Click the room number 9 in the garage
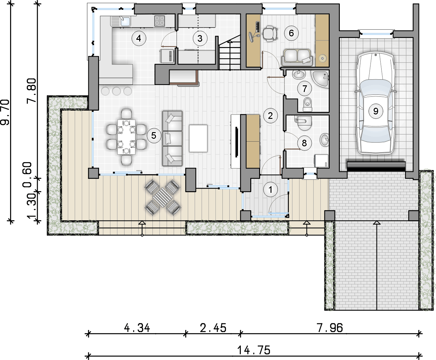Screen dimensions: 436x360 tap(376, 111)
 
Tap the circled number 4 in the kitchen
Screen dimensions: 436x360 tap(139, 38)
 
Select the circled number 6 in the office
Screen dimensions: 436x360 tap(291, 33)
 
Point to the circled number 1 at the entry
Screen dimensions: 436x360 tap(271, 190)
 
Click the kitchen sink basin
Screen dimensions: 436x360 tap(125, 21)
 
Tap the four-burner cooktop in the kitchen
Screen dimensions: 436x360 tap(159, 21)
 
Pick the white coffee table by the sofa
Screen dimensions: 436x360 tap(198, 138)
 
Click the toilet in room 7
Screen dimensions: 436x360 tap(307, 104)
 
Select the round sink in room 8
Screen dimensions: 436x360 tap(325, 140)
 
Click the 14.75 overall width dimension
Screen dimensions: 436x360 tap(254, 350)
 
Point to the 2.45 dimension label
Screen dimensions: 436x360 tap(213, 328)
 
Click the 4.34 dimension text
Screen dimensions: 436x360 tap(137, 328)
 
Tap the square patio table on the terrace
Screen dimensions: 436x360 tap(162, 197)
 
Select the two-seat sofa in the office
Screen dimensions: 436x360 tap(297, 57)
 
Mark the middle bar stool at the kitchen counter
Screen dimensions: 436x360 tap(116, 91)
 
